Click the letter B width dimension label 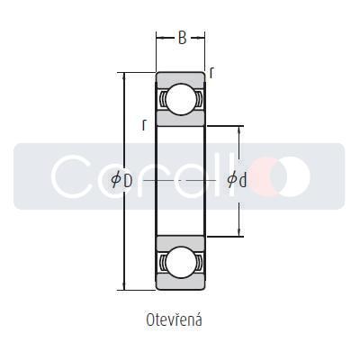(182, 38)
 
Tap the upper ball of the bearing (181, 98)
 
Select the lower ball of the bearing (181, 263)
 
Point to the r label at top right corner (211, 71)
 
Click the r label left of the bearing (144, 124)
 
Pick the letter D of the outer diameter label (128, 181)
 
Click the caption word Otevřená (174, 319)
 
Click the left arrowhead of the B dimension (159, 38)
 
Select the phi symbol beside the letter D (116, 181)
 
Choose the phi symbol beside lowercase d (232, 181)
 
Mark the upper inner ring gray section (181, 119)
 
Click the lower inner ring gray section (181, 242)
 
